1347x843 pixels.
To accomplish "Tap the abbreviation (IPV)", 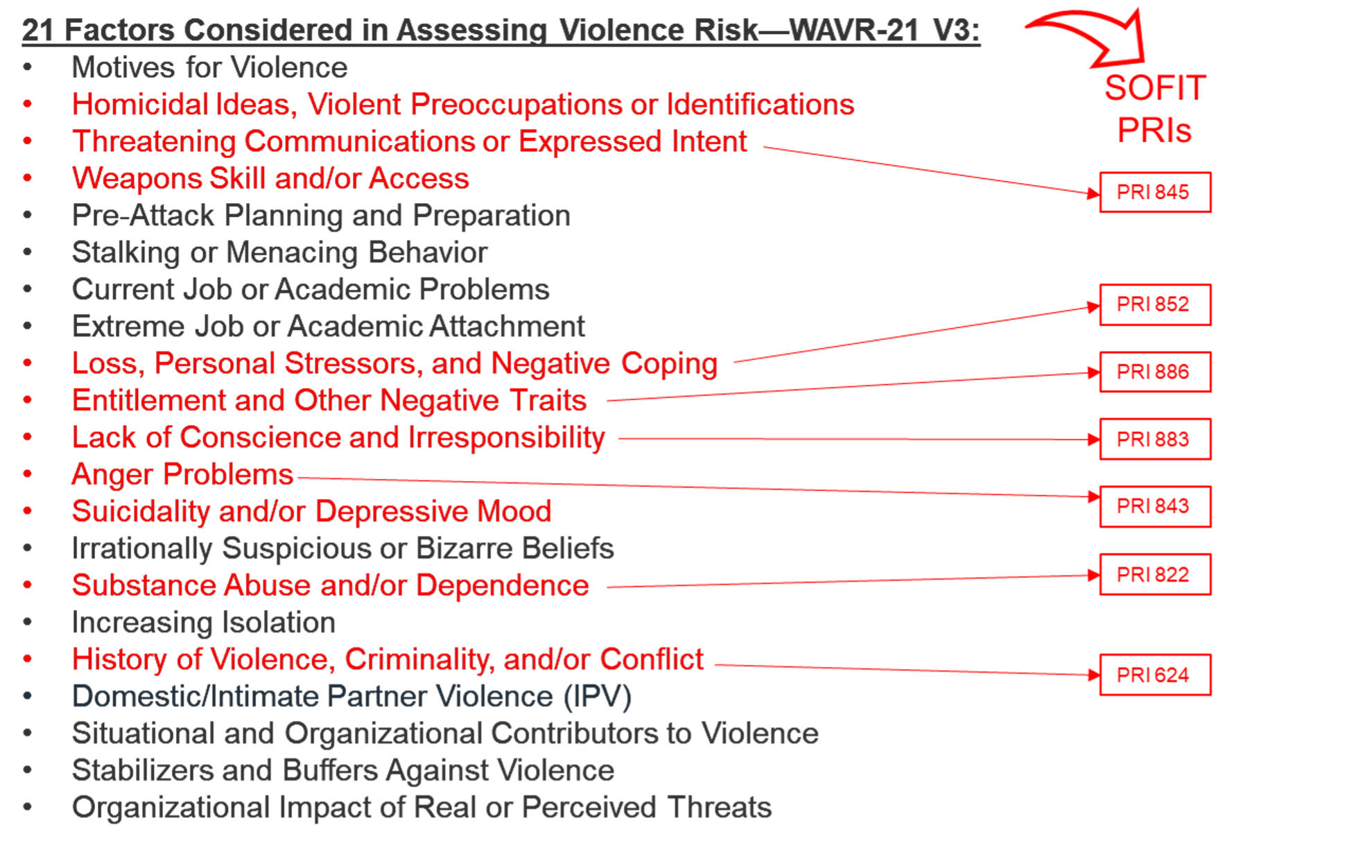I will (598, 697).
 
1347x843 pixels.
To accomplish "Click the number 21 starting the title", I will (37, 31).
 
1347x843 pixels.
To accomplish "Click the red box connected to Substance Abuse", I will (1155, 575).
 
